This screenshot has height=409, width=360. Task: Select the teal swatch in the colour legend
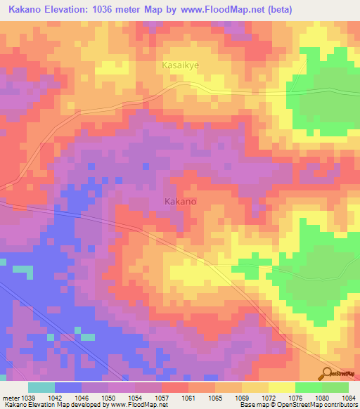41,387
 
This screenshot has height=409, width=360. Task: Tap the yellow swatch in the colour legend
282,387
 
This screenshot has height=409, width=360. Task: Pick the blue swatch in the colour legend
68,387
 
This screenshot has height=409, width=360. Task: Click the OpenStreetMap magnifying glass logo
328,374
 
